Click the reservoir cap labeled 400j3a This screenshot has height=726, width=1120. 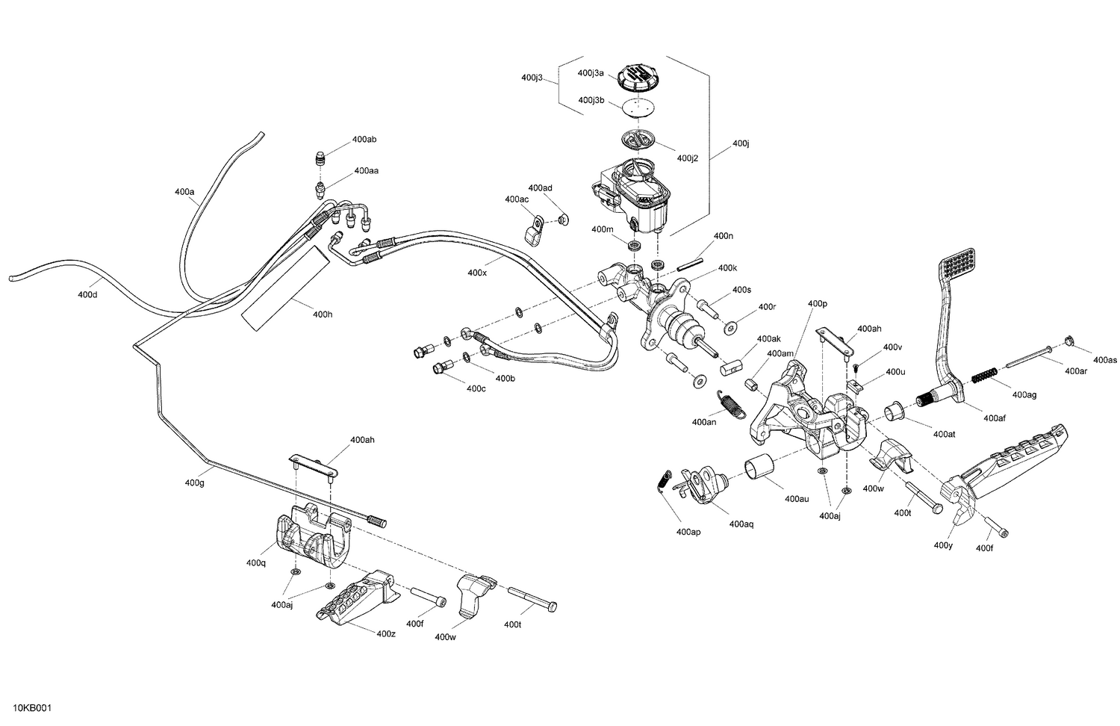click(636, 75)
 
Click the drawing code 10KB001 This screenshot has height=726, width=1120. click(32, 708)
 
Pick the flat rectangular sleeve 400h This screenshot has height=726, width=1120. click(284, 288)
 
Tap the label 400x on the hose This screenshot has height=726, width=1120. click(477, 273)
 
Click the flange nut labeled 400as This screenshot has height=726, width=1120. click(1069, 342)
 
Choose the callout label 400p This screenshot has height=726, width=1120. click(818, 304)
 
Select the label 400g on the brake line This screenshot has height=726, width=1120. click(195, 483)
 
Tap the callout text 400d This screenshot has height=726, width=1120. click(87, 294)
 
